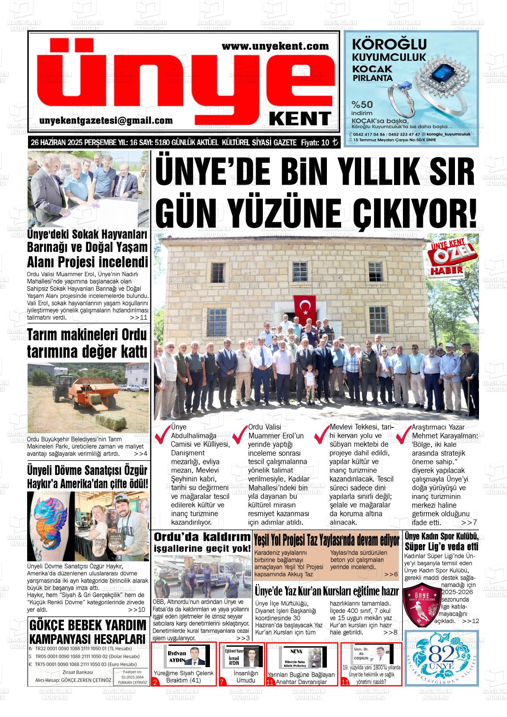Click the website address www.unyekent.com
[x=275, y=46]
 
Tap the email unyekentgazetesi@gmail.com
[x=106, y=121]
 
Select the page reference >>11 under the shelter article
[x=138, y=318]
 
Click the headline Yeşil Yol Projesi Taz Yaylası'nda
[x=326, y=541]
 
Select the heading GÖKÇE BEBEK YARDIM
[x=87, y=625]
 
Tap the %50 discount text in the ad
[x=362, y=105]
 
